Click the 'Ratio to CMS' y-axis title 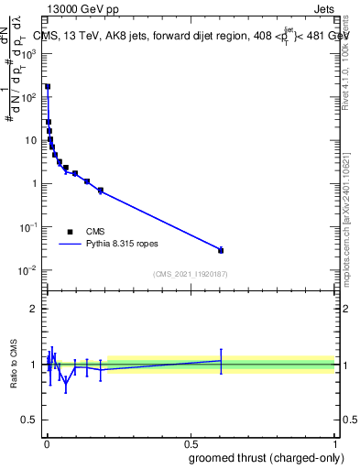(14, 365)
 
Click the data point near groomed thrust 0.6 (221, 250)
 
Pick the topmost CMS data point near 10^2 (48, 86)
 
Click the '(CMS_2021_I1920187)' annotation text (190, 274)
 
